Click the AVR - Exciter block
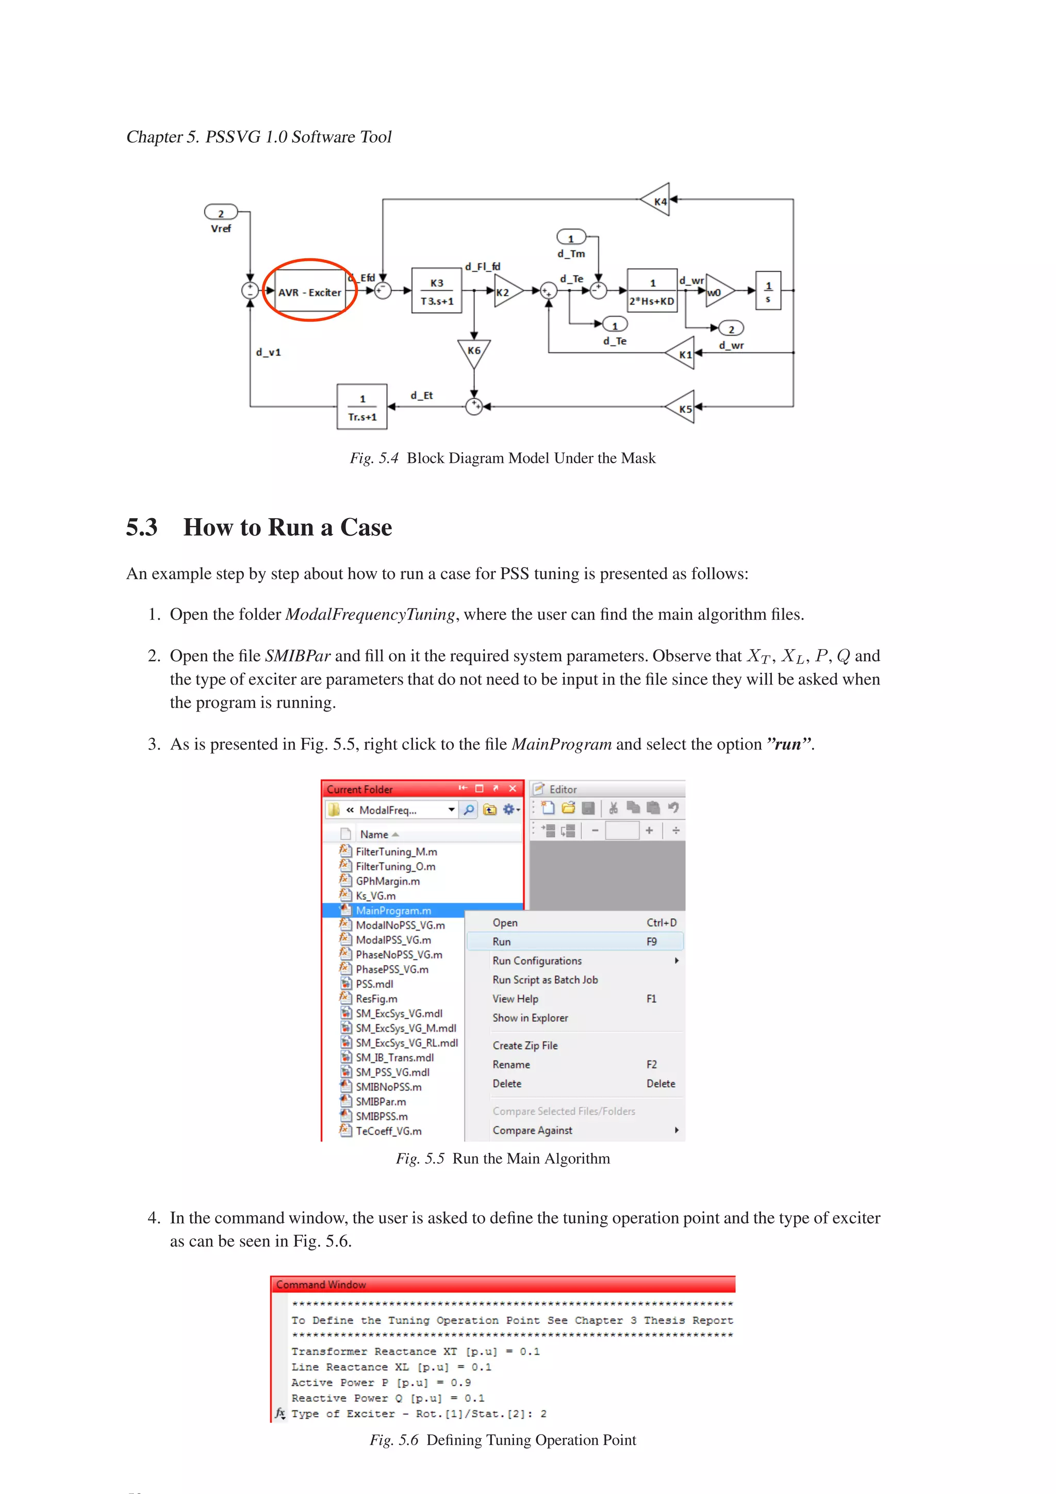pyautogui.click(x=310, y=292)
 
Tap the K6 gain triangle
pyautogui.click(x=474, y=352)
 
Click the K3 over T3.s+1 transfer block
pyautogui.click(x=437, y=291)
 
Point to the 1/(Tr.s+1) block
pyautogui.click(x=362, y=407)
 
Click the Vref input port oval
pyautogui.click(x=221, y=213)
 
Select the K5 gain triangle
pyautogui.click(x=683, y=408)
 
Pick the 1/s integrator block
pyautogui.click(x=768, y=291)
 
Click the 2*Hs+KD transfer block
pyautogui.click(x=652, y=291)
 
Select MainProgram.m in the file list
pyautogui.click(x=393, y=910)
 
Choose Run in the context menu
pyautogui.click(x=502, y=941)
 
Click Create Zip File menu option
pyautogui.click(x=525, y=1045)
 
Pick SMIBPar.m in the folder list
pyautogui.click(x=381, y=1102)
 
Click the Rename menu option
pyautogui.click(x=511, y=1065)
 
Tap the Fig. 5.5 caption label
pyautogui.click(x=502, y=1159)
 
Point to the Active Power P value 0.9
pyautogui.click(x=460, y=1383)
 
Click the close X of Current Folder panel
pyautogui.click(x=513, y=789)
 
